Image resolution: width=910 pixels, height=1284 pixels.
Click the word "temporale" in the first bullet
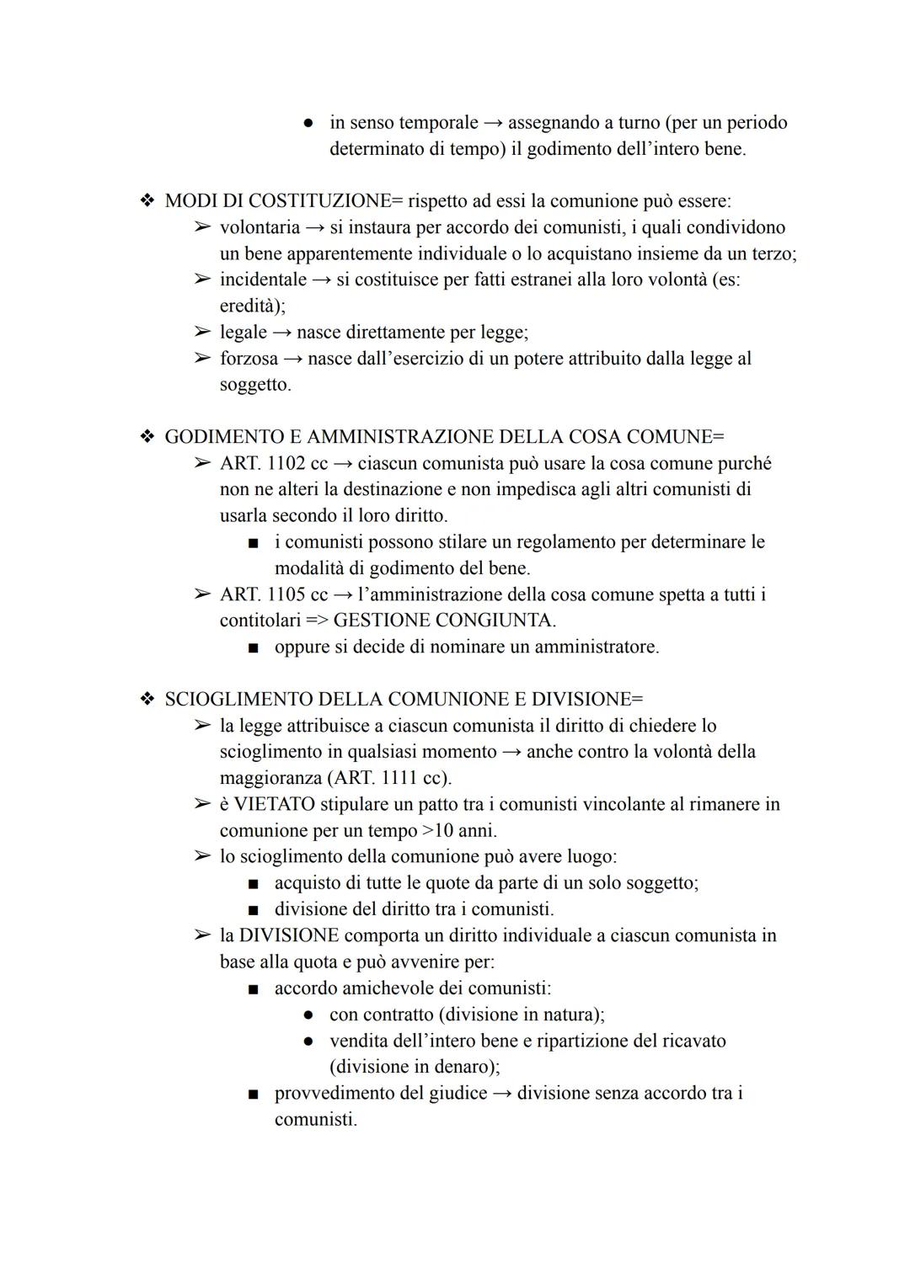tap(438, 123)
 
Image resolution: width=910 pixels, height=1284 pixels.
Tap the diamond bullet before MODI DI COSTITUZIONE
tap(147, 201)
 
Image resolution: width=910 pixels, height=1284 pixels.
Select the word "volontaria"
tap(260, 227)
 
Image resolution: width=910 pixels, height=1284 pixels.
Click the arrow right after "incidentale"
tap(322, 280)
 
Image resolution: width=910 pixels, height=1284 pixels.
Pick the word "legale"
tap(243, 333)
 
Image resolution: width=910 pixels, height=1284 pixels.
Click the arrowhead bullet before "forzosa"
tap(201, 359)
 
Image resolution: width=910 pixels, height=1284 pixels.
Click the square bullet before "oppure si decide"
tap(253, 647)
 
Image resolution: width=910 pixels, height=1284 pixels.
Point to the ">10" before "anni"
tap(437, 831)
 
